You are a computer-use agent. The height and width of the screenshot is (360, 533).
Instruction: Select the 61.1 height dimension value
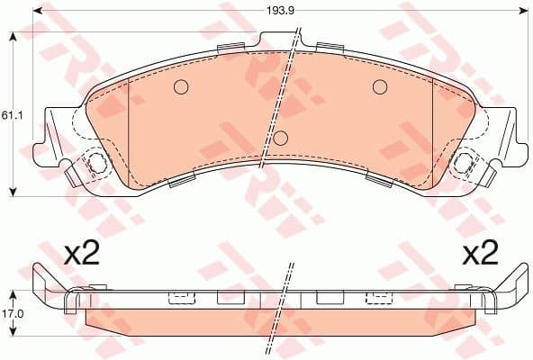(x=10, y=115)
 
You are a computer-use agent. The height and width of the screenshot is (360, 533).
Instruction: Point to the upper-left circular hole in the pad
(x=179, y=87)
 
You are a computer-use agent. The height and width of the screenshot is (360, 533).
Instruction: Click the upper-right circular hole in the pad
(x=379, y=87)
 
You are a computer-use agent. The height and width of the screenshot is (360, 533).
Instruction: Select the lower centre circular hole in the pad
(x=280, y=138)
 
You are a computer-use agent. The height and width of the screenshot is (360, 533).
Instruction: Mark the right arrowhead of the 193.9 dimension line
(x=522, y=11)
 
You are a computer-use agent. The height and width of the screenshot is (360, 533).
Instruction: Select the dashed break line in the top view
(x=278, y=99)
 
